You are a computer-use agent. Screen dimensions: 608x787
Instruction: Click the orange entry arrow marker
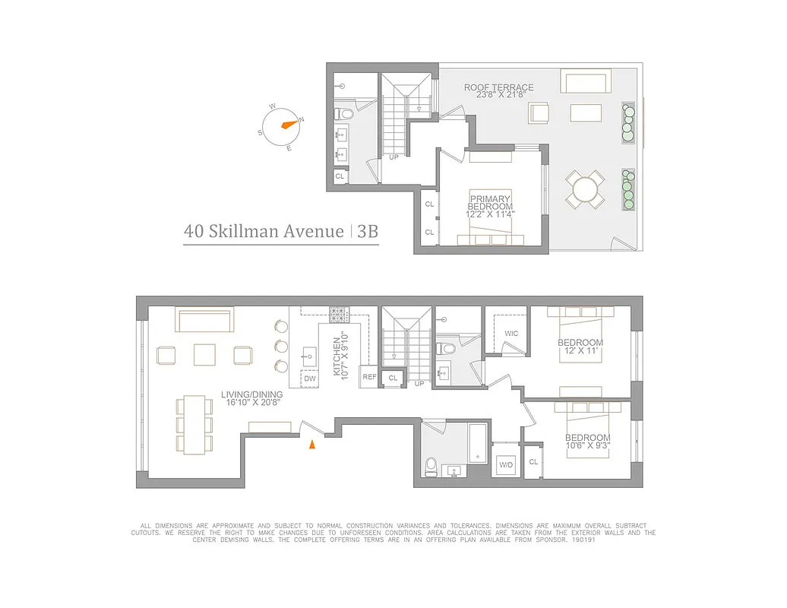point(311,445)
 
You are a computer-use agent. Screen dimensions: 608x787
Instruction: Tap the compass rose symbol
point(282,125)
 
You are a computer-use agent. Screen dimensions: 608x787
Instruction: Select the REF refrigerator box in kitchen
point(369,377)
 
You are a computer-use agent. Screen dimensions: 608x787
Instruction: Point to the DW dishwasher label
point(310,378)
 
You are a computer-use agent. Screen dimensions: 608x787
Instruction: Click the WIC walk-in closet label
point(510,334)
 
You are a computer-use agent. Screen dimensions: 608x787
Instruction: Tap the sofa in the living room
point(204,318)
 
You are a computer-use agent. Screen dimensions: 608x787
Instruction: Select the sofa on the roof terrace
point(584,81)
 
